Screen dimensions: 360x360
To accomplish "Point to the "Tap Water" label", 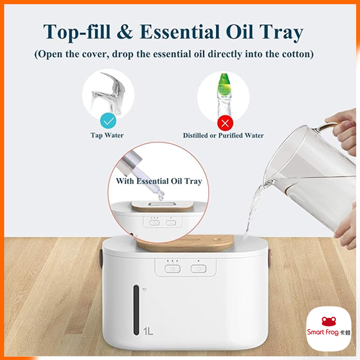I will (107, 135).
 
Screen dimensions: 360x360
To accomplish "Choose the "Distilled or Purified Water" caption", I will (223, 135).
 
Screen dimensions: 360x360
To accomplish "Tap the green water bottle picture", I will (225, 92).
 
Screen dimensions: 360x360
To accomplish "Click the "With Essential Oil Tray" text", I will (158, 181).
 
